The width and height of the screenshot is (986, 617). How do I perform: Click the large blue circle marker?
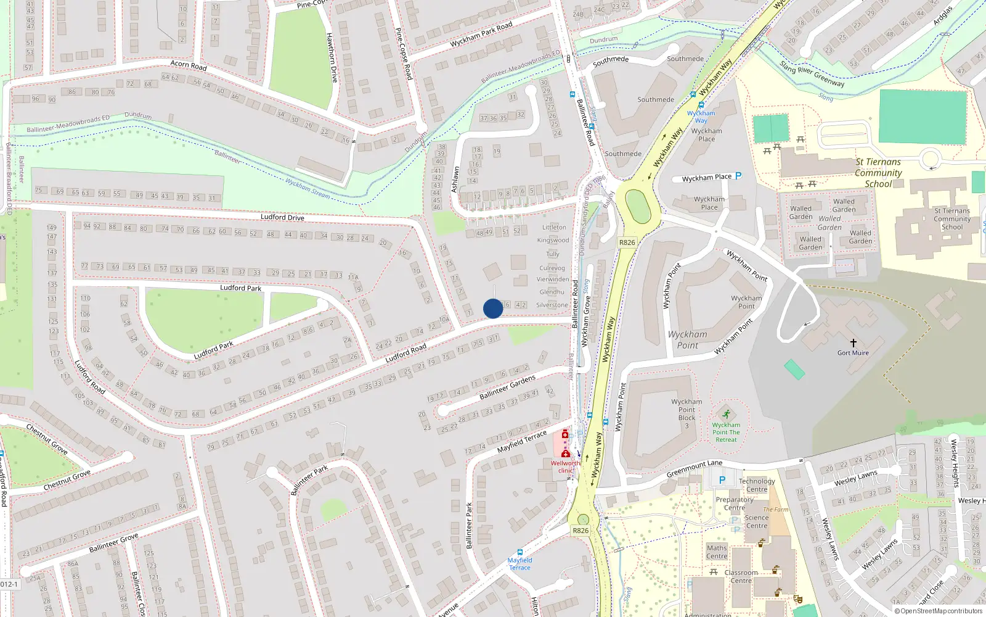pos(493,308)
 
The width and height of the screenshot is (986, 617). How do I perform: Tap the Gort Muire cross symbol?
pos(854,343)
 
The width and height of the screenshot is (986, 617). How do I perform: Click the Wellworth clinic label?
pos(565,466)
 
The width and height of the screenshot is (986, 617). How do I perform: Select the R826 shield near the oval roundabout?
pos(627,242)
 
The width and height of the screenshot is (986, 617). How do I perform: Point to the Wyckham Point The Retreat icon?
pos(727,414)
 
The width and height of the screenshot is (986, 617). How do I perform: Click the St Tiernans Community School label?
pos(878,173)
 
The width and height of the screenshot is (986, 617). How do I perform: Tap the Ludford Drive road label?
pos(282,217)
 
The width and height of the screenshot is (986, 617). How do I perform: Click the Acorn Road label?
pos(188,65)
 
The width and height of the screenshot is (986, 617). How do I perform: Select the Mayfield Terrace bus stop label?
pos(519,564)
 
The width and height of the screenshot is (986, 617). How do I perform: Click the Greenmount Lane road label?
pos(695,469)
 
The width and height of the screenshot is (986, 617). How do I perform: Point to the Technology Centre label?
pos(757,485)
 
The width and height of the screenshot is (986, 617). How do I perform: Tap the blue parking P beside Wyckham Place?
pos(738,176)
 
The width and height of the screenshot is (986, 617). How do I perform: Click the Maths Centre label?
pos(717,552)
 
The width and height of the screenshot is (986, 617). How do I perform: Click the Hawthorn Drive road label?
pos(332,58)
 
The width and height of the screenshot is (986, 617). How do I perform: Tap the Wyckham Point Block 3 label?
pos(687,413)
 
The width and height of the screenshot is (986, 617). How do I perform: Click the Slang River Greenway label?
pos(812,74)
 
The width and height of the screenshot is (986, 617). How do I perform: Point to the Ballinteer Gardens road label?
pos(507,387)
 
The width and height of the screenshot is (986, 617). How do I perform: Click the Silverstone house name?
pos(552,305)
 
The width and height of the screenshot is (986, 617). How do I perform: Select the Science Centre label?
pos(757,521)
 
